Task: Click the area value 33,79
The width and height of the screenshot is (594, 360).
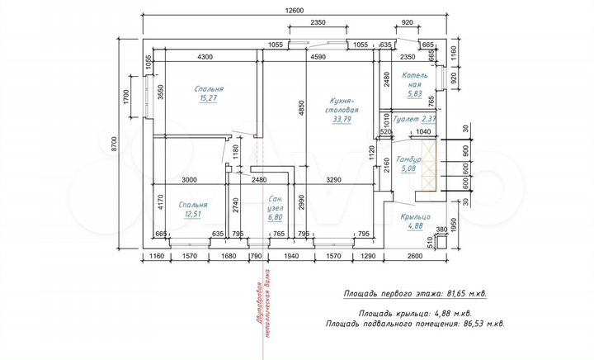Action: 342,118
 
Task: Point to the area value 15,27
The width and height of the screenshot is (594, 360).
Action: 209,98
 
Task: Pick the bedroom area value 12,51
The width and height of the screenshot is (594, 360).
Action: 193,214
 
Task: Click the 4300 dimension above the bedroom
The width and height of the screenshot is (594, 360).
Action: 205,57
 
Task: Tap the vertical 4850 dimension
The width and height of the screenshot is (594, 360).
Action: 302,107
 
